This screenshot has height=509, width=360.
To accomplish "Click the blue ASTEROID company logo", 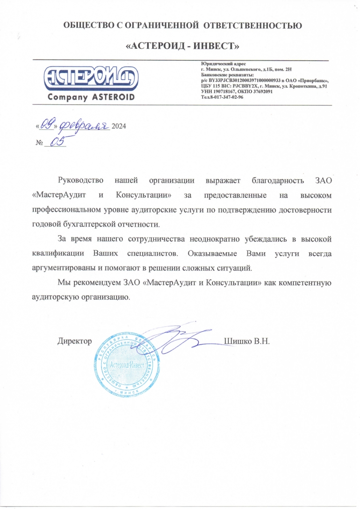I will pos(91,78).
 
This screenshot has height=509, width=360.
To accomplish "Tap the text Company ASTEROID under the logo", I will pos(91,97).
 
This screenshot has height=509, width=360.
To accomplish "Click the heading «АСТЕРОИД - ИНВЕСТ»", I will pos(182,46).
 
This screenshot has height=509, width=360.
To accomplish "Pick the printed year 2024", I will pos(119,127).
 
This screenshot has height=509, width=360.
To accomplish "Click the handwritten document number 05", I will pos(57,142).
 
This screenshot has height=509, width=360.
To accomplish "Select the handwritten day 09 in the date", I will pos(46,125).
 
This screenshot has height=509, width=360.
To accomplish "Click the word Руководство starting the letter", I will pos(80,180).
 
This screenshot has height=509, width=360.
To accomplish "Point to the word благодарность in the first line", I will pos(277,180).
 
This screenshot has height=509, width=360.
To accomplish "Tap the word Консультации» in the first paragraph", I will pos(143,195).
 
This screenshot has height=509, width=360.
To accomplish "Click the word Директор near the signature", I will pos(75,341).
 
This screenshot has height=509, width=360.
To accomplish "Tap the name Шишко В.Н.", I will pos(247,341).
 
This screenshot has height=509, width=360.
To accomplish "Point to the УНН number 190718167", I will pos(223,92).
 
